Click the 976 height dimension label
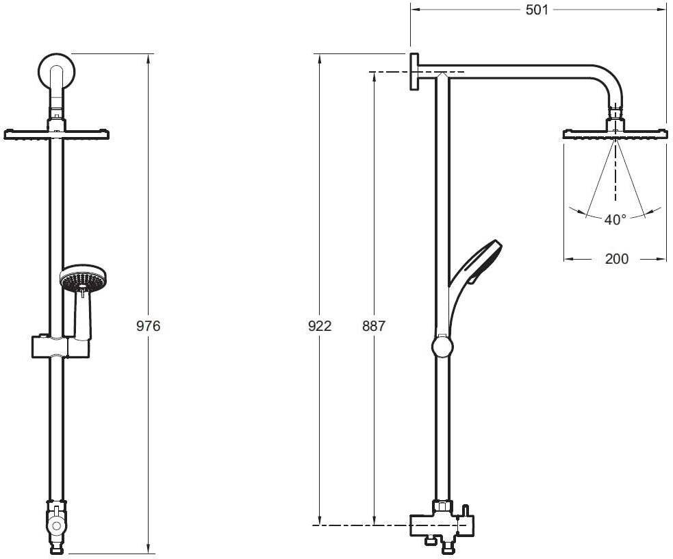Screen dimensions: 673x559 click(148, 326)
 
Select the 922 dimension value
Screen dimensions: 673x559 click(320, 326)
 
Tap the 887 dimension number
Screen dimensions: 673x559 click(374, 326)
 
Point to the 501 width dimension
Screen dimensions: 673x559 click(537, 10)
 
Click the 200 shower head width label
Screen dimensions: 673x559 click(617, 259)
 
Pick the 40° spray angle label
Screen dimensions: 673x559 click(615, 220)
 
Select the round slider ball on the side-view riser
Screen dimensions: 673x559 click(443, 346)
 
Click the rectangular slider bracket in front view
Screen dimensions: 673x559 click(61, 346)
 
